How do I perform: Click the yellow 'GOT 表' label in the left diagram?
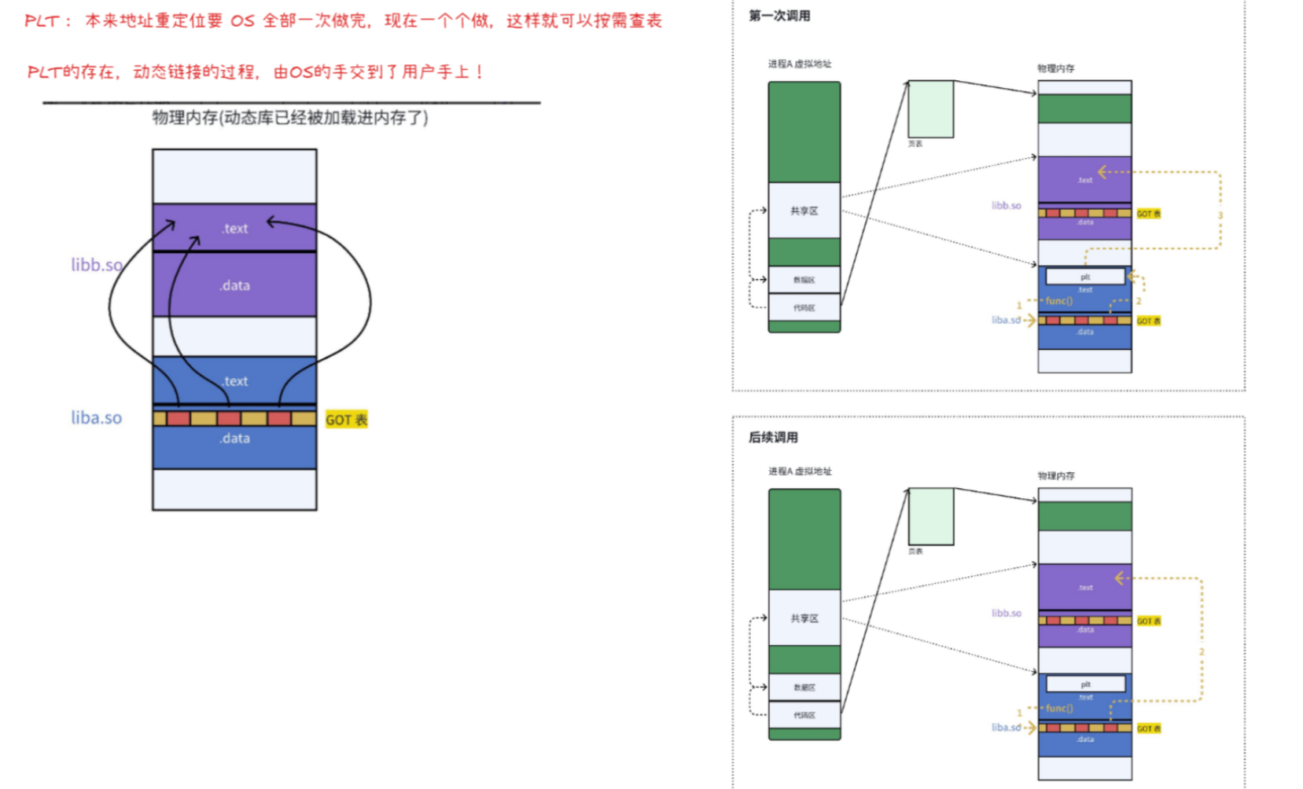tap(346, 420)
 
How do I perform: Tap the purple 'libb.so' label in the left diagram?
tap(97, 265)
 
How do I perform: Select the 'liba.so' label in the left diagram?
tap(97, 417)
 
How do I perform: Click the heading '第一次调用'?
tap(778, 16)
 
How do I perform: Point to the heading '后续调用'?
tap(773, 437)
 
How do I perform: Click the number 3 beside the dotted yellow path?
tap(1220, 215)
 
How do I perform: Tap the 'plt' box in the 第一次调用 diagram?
tap(1085, 277)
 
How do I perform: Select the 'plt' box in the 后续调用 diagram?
tap(1085, 684)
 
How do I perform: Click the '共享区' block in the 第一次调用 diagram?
tap(804, 211)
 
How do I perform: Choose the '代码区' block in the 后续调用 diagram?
tap(804, 715)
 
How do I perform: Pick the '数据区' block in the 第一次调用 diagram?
tap(804, 280)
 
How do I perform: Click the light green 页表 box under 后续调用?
tap(931, 516)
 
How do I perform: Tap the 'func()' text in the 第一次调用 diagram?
tap(1058, 301)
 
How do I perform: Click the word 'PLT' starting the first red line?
tap(42, 21)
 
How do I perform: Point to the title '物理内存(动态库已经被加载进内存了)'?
tap(290, 118)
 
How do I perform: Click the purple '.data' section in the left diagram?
tap(234, 285)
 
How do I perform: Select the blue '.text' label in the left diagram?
tap(234, 381)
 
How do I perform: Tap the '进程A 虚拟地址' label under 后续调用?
tap(800, 472)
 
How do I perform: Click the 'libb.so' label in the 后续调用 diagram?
tap(1006, 613)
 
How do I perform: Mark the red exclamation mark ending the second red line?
tap(480, 72)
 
